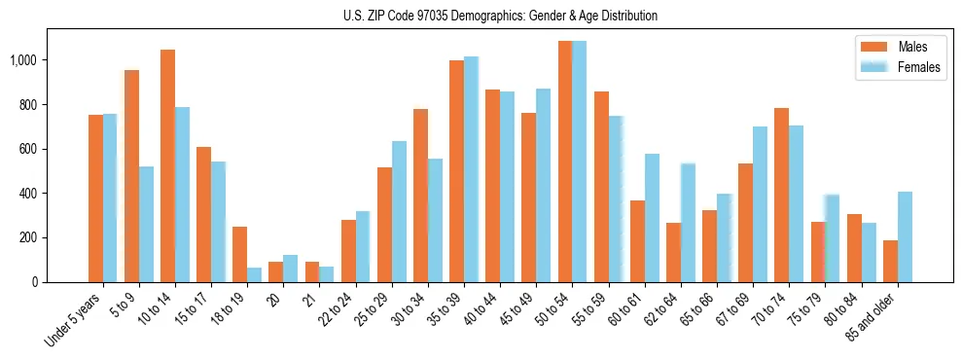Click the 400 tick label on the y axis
coord(27,194)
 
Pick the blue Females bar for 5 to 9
coord(146,224)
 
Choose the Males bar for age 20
coord(275,271)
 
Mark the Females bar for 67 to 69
coord(760,204)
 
